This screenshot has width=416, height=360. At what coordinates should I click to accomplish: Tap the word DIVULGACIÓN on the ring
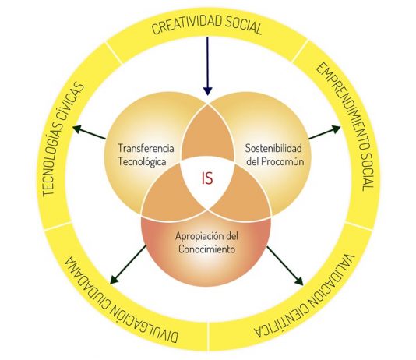(x=144, y=319)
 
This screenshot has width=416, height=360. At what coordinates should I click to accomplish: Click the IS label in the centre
(x=207, y=178)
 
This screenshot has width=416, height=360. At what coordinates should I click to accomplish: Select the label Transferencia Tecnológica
(x=146, y=154)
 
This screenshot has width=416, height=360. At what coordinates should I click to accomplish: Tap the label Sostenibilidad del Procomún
(x=274, y=154)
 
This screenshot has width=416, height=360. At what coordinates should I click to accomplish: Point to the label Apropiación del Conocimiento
(x=206, y=242)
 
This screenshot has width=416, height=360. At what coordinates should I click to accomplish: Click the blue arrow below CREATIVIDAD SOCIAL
(x=208, y=66)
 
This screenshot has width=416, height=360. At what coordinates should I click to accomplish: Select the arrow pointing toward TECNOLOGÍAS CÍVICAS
(x=89, y=132)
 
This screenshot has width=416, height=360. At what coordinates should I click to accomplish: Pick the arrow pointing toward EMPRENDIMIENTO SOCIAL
(x=325, y=132)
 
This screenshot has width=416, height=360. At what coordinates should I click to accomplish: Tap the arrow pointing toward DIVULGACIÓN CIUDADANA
(x=128, y=264)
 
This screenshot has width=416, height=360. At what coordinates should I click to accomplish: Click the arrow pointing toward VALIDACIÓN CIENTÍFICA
(x=285, y=266)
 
